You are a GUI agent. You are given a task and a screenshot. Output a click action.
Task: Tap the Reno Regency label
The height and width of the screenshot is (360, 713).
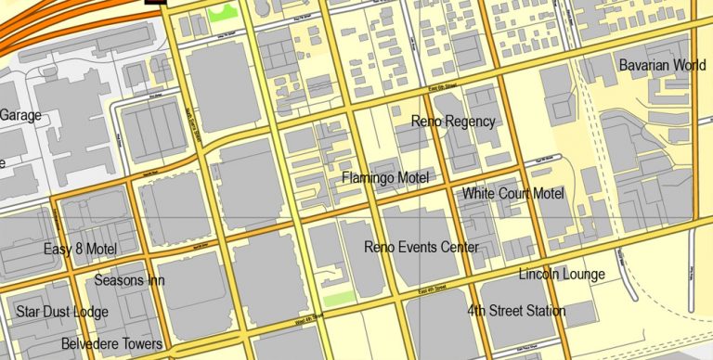pos(453,122)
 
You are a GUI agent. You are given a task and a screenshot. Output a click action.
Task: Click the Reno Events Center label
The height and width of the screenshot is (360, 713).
pos(421,247)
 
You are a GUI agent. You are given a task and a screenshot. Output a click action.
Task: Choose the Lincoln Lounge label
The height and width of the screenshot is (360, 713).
pos(562,274)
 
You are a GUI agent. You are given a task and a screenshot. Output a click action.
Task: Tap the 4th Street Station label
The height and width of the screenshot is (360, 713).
pos(516,311)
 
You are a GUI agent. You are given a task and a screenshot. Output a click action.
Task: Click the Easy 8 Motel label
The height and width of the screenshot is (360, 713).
pos(80,249)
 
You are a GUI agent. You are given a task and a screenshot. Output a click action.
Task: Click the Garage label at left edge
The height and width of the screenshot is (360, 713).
pos(19,115)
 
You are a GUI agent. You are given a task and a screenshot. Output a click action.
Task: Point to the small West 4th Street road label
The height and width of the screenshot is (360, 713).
pos(310,316)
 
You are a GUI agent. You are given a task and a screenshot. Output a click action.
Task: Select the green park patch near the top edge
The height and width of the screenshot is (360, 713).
pos(220,13)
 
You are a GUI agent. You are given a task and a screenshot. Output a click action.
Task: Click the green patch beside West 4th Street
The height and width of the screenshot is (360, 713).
pos(339,298)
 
